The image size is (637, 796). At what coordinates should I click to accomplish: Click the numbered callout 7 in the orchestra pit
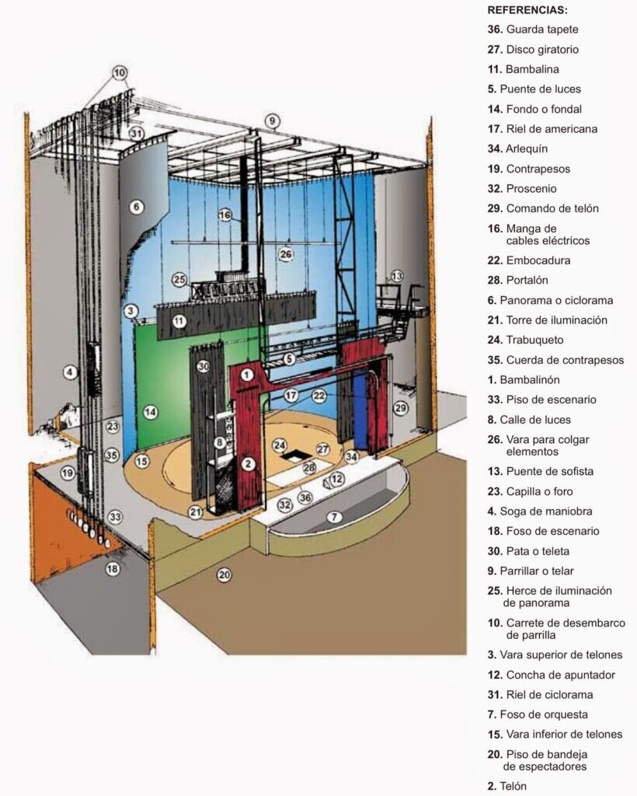click(334, 516)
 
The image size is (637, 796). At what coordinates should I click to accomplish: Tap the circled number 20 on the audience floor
click(225, 574)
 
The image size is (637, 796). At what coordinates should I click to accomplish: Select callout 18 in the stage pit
click(113, 569)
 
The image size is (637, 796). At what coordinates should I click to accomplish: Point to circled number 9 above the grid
click(271, 120)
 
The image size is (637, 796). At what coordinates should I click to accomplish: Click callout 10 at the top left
click(119, 73)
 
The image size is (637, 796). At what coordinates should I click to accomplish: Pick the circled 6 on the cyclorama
click(137, 207)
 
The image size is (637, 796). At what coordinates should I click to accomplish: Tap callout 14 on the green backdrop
click(151, 413)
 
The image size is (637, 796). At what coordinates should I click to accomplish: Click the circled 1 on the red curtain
click(247, 375)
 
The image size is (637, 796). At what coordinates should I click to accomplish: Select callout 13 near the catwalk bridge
click(397, 276)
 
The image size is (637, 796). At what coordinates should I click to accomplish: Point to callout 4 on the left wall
click(70, 372)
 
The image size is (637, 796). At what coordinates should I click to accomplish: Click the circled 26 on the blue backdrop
click(286, 253)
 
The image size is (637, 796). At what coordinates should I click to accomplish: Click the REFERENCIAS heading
click(527, 10)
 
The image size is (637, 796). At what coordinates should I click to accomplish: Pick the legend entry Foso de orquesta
click(537, 714)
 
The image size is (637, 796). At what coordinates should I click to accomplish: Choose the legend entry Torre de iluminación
click(547, 319)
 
